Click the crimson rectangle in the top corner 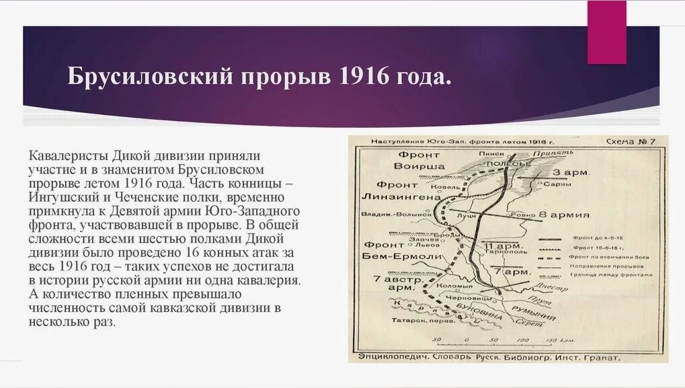pos(606,32)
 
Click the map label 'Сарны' pos(563,184)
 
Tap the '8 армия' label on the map pos(565,215)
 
